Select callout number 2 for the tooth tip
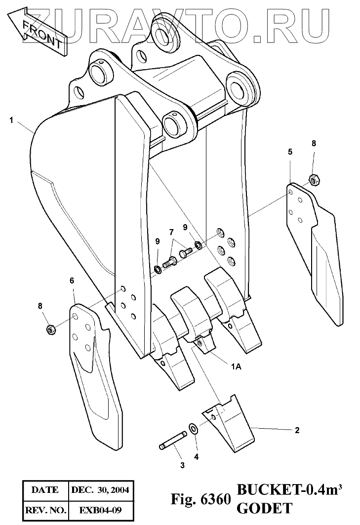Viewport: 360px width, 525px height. (x=297, y=430)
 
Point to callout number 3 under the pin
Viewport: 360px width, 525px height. (x=182, y=465)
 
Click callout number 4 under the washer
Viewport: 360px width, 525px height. (x=196, y=457)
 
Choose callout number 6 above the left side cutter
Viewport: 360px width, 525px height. (x=72, y=281)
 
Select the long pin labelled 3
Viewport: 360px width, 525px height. (x=172, y=441)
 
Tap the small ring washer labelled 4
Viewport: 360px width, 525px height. (x=194, y=427)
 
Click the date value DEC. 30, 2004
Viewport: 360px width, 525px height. (x=101, y=490)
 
